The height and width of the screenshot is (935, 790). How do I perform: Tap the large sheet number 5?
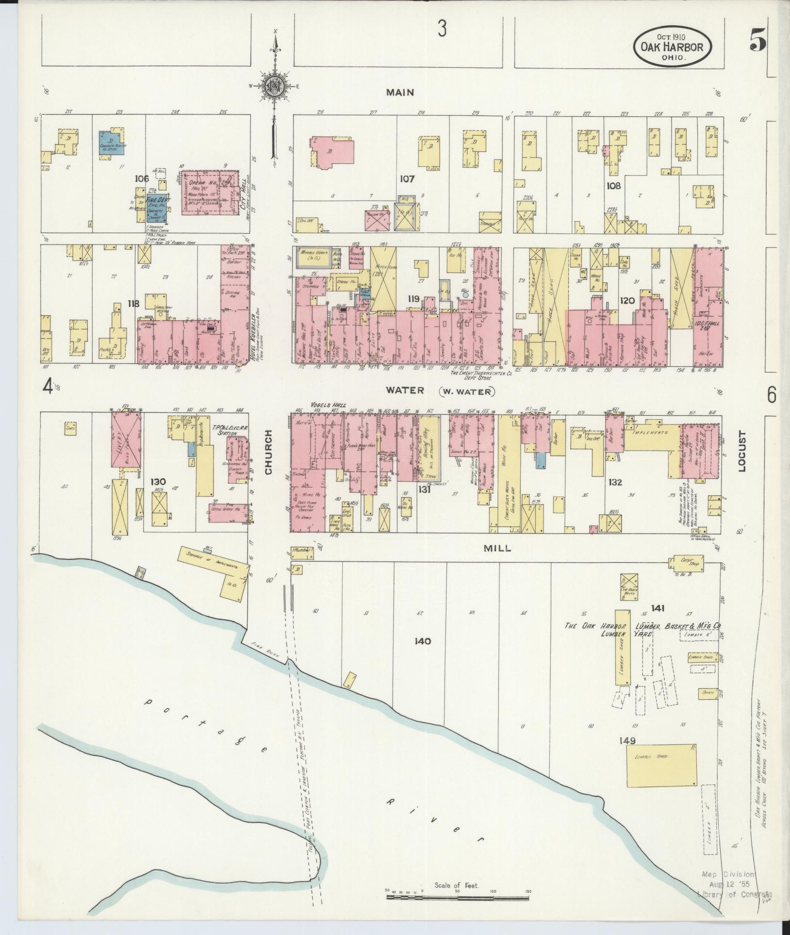[757, 39]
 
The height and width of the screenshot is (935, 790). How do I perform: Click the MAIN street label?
[400, 92]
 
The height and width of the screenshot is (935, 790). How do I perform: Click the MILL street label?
[497, 548]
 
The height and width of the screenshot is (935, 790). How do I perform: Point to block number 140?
[422, 641]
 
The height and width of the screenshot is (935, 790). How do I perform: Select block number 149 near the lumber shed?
[627, 754]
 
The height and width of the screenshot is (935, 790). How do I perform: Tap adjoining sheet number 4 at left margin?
[47, 387]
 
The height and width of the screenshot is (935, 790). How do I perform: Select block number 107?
[407, 179]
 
